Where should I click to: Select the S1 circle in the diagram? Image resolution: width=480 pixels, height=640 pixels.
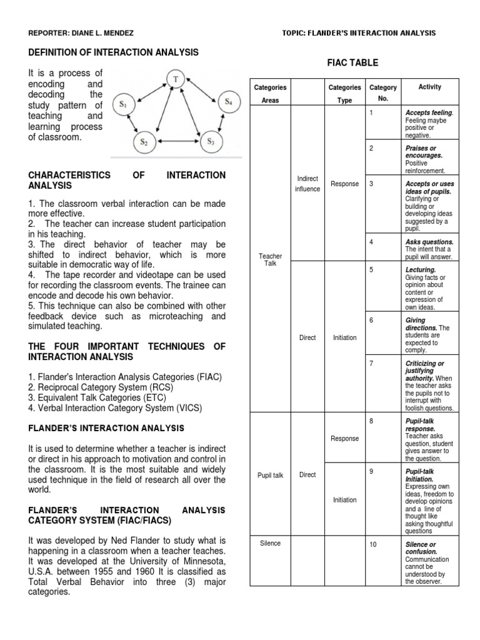point(123,104)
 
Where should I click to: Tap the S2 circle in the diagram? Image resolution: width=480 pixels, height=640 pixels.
point(144,142)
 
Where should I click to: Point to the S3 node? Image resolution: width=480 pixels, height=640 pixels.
point(210,141)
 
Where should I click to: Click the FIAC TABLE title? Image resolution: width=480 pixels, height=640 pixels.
point(353,63)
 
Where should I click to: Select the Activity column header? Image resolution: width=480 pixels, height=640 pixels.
point(429,87)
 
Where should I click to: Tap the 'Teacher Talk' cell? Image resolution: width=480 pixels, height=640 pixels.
point(270,260)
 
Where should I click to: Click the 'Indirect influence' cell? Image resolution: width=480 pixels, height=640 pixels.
point(307,184)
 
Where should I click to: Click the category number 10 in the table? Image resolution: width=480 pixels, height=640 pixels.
point(372,545)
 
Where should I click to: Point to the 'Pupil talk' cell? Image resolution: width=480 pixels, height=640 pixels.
point(270,475)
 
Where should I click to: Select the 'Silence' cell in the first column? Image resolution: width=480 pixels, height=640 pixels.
point(270,543)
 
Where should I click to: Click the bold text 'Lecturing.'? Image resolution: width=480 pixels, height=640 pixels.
point(420,270)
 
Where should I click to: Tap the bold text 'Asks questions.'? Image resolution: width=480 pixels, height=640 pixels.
point(429,242)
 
